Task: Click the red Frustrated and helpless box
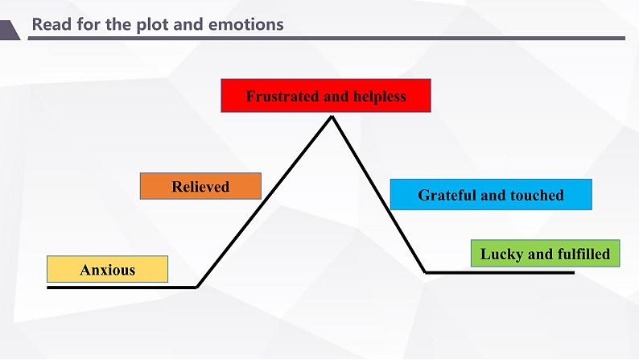tap(326, 96)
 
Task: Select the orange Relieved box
tap(200, 186)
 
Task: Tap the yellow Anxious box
tap(107, 269)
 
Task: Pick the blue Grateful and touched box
tap(491, 194)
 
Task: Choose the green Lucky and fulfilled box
tap(546, 254)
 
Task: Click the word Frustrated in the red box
tap(282, 97)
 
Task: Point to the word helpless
tap(377, 97)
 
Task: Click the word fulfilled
tap(582, 254)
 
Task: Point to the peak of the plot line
tap(331, 118)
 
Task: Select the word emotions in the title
tap(245, 24)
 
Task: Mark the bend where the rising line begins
tap(197, 286)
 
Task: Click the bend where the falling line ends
tap(426, 272)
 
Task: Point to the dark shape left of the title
tap(9, 30)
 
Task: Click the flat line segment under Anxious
tap(121, 287)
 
